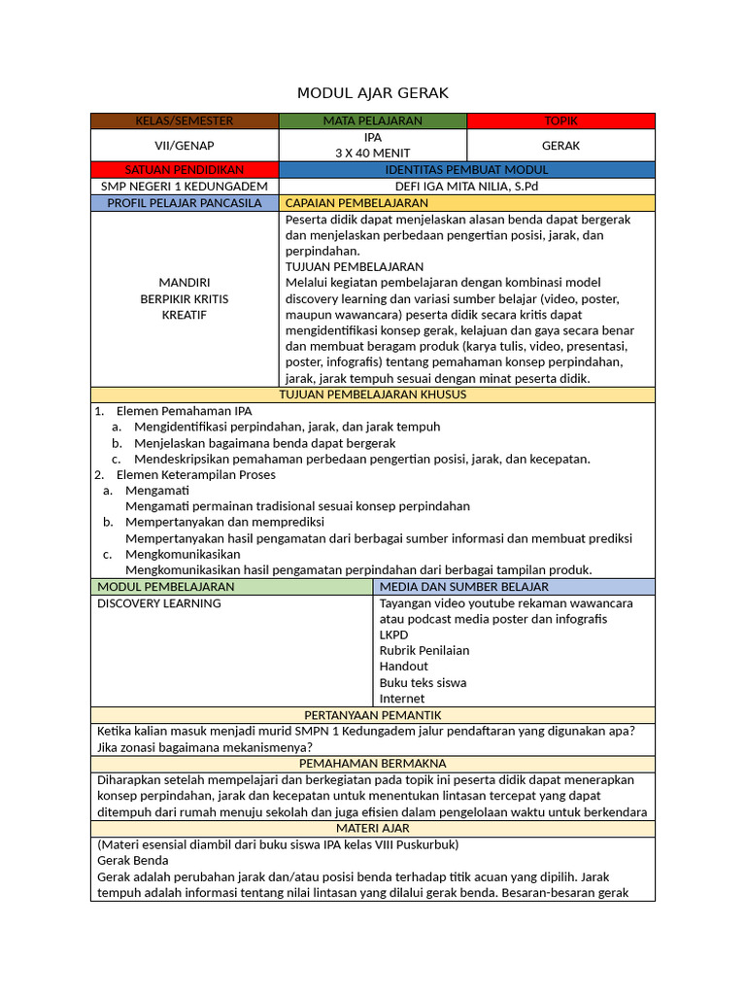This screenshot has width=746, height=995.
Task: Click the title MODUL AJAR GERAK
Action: [373, 92]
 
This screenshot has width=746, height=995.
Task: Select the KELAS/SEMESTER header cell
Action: [185, 120]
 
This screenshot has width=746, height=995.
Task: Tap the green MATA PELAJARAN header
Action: [373, 120]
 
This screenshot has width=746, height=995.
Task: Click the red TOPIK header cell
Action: [560, 120]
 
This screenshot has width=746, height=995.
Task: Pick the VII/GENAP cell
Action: [185, 146]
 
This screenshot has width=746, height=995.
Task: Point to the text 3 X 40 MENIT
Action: [373, 153]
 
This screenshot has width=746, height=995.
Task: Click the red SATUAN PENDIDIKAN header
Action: [185, 170]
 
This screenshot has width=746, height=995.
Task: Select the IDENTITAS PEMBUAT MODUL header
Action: [466, 170]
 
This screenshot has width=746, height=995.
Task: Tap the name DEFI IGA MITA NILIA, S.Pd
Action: [466, 187]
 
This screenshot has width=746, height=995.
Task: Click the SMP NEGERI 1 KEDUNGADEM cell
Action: [185, 187]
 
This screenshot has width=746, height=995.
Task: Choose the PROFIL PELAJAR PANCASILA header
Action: [185, 203]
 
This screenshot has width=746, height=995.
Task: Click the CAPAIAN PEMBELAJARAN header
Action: [356, 203]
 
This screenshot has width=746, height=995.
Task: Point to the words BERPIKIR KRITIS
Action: [185, 298]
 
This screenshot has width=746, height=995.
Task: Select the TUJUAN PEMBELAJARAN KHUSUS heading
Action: [373, 395]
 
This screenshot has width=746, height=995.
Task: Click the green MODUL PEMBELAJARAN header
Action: [166, 587]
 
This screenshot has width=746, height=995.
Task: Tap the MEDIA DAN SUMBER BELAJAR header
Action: [464, 587]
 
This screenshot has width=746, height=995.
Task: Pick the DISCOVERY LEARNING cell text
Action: [159, 603]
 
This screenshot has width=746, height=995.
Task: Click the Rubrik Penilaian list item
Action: [424, 650]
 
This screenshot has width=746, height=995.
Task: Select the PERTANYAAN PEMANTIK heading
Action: [373, 715]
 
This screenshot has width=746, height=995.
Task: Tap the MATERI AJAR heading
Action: [373, 828]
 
